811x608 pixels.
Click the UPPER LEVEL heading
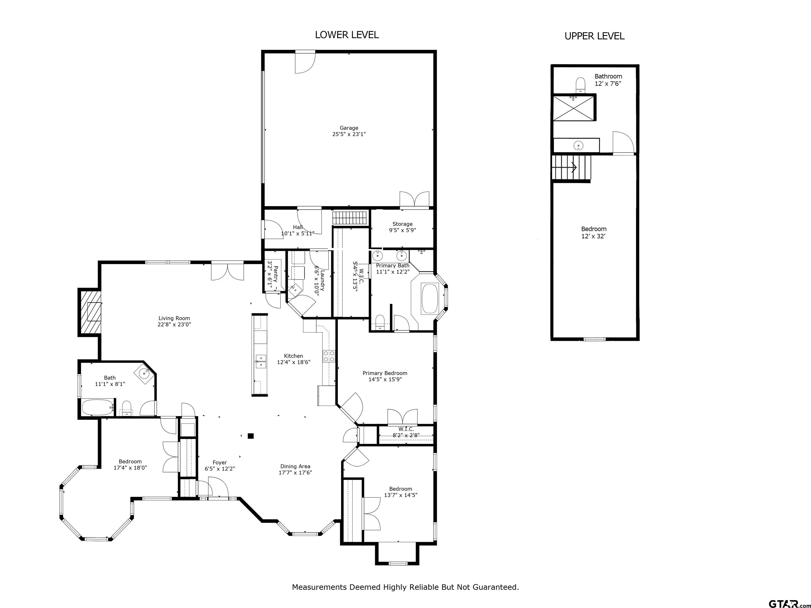coord(594,36)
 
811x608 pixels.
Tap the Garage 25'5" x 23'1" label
coord(349,131)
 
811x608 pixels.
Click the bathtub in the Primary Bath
coord(430,299)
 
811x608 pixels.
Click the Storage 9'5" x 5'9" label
coord(402,227)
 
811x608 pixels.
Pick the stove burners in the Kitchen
coord(328,356)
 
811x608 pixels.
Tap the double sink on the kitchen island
coord(261,361)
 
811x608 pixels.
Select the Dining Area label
coord(295,469)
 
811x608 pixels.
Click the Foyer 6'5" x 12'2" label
coord(220,465)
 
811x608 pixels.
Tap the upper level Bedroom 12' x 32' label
coord(593,232)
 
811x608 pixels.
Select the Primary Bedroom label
coord(385,376)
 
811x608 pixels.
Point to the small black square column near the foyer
coord(251,436)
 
